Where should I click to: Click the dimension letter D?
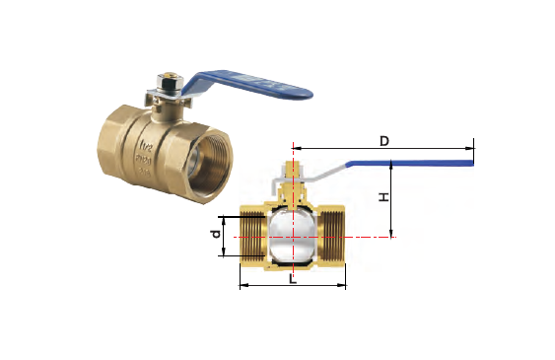[384, 141]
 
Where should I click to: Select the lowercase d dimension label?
[216, 236]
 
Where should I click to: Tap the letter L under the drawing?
[293, 279]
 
